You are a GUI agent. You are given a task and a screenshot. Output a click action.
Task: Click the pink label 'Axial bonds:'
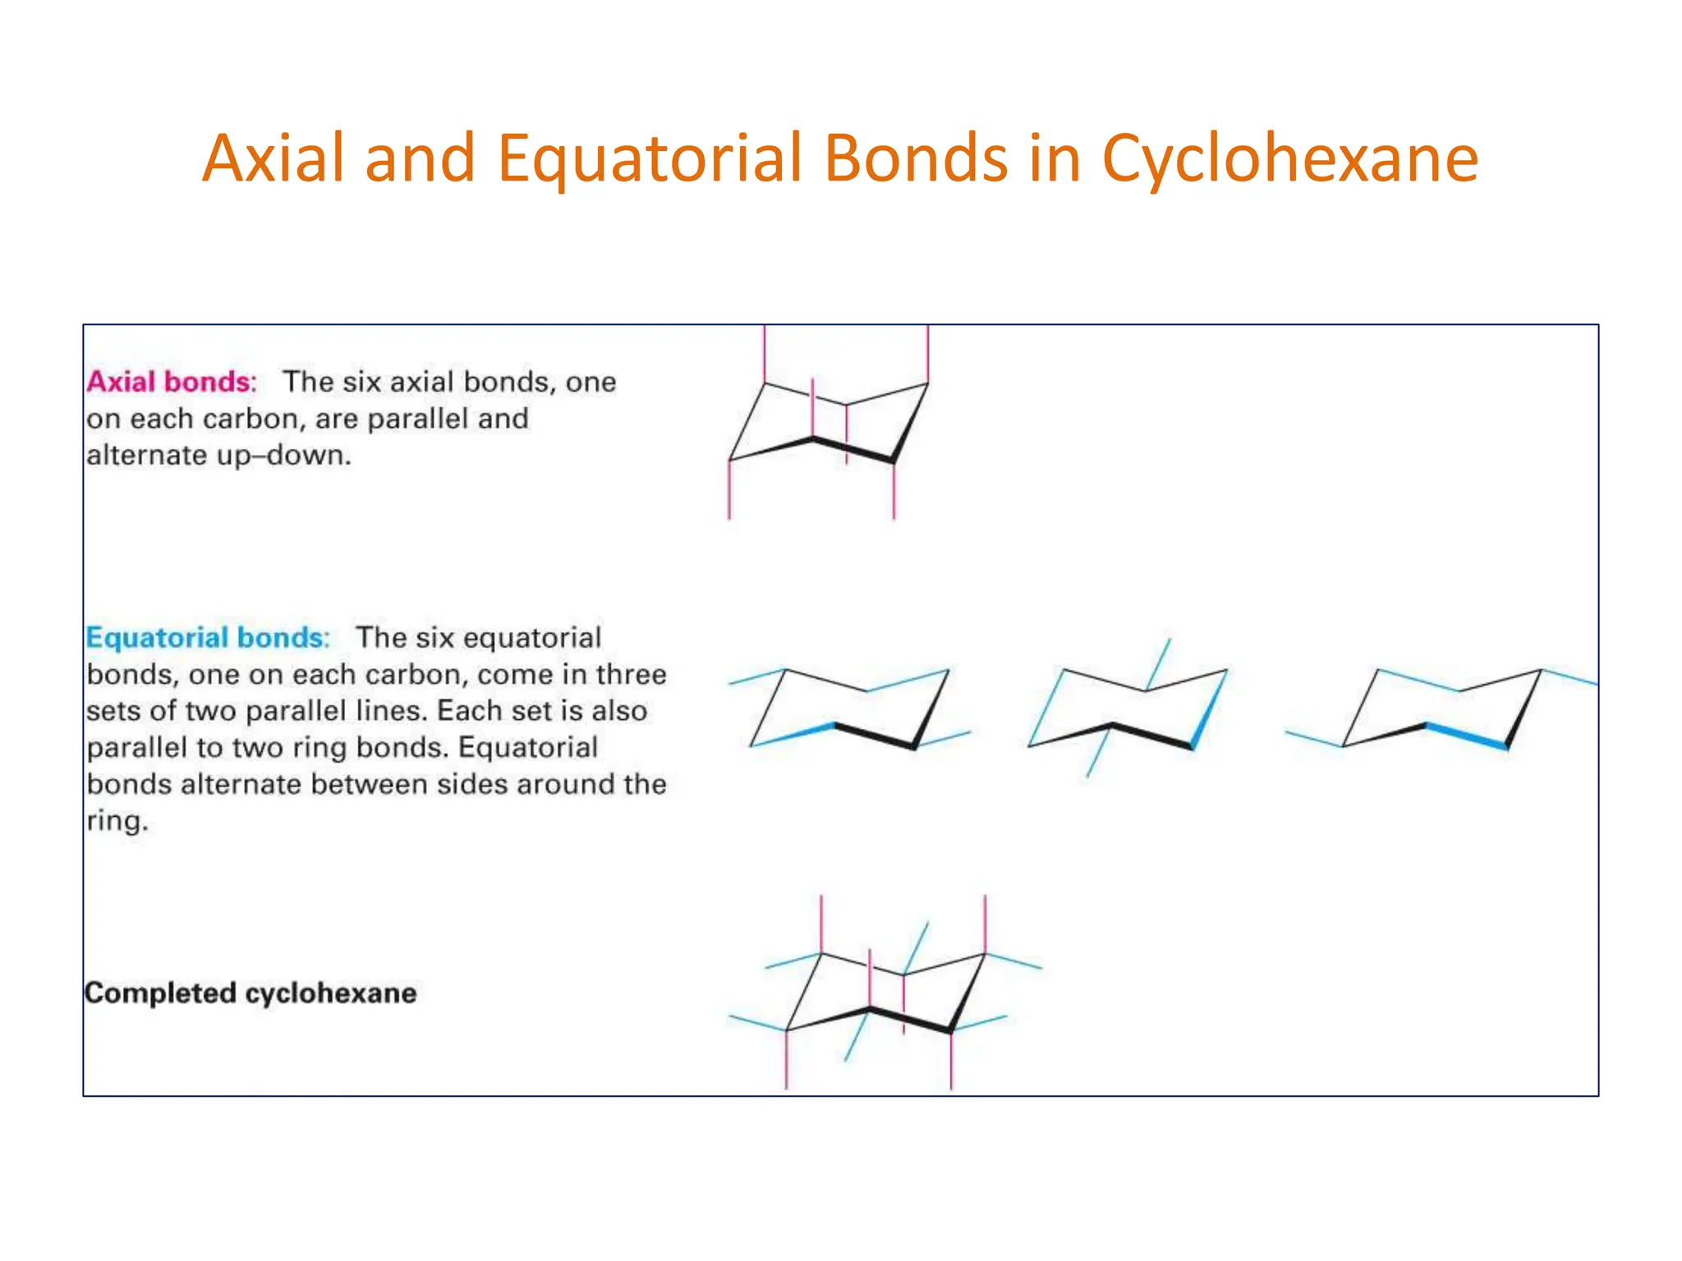pos(172,382)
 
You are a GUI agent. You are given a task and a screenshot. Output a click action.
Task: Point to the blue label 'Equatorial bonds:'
pos(208,638)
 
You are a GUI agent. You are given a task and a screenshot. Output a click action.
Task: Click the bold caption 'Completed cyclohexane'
pos(250,993)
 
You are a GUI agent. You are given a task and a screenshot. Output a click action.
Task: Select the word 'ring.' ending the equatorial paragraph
pos(117,820)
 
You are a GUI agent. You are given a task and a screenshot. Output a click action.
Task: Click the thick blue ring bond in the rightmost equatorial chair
pos(1466,736)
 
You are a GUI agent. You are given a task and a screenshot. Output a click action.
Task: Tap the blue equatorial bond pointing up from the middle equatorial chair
pos(1158,664)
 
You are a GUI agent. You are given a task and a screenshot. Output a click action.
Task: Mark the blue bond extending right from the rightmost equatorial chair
pos(1569,677)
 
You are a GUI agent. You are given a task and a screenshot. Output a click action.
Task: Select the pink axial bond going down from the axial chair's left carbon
pos(729,490)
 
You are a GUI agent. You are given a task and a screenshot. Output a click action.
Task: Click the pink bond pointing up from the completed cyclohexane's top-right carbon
pos(985,924)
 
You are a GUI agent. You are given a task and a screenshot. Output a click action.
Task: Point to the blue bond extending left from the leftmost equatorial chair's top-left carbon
pos(757,677)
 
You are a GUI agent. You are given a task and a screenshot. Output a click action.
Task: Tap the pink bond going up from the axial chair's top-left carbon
pos(765,354)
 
